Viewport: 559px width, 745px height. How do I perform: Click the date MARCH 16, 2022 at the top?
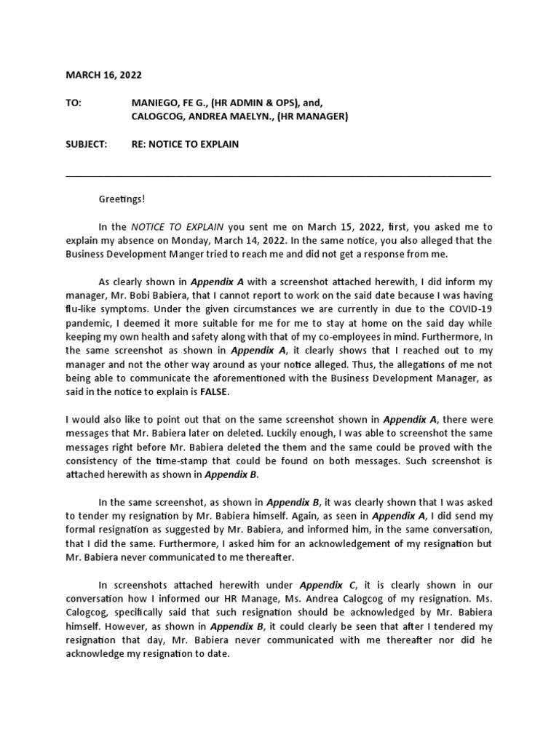pyautogui.click(x=104, y=75)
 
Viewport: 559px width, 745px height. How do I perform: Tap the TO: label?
pyautogui.click(x=74, y=104)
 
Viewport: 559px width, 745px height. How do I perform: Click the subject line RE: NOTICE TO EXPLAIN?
pyautogui.click(x=184, y=145)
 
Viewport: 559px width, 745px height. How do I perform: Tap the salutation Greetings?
pyautogui.click(x=122, y=199)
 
